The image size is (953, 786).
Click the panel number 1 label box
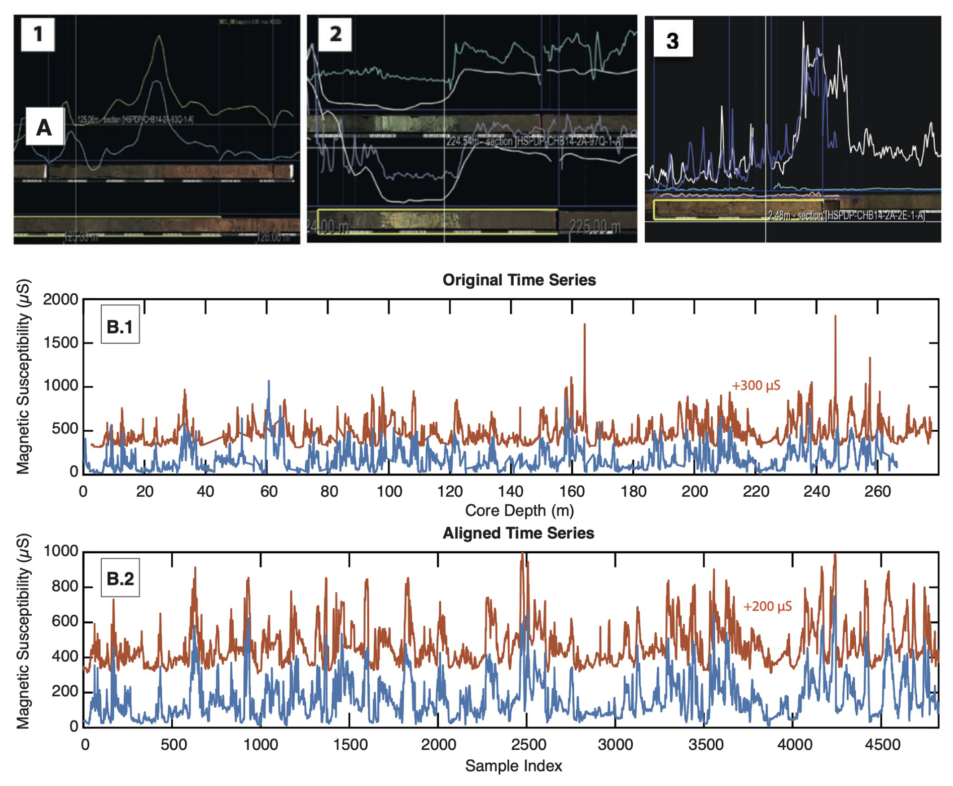point(38,34)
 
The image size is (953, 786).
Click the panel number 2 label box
point(335,34)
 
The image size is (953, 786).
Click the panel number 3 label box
point(672,40)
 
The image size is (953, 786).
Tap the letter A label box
point(45,127)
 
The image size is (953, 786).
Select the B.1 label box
point(120,326)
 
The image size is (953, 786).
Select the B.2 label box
point(120,578)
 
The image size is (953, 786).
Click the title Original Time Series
point(519,280)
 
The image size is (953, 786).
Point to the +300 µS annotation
point(756,385)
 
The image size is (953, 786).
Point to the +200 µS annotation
point(767,606)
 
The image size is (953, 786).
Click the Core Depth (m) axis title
point(519,510)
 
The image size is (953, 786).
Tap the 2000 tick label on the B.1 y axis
point(60,300)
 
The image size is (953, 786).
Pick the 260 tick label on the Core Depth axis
point(877,491)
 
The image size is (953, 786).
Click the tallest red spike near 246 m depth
point(835,317)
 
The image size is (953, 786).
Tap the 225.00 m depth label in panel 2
point(594,227)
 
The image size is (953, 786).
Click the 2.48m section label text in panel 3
point(846,216)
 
